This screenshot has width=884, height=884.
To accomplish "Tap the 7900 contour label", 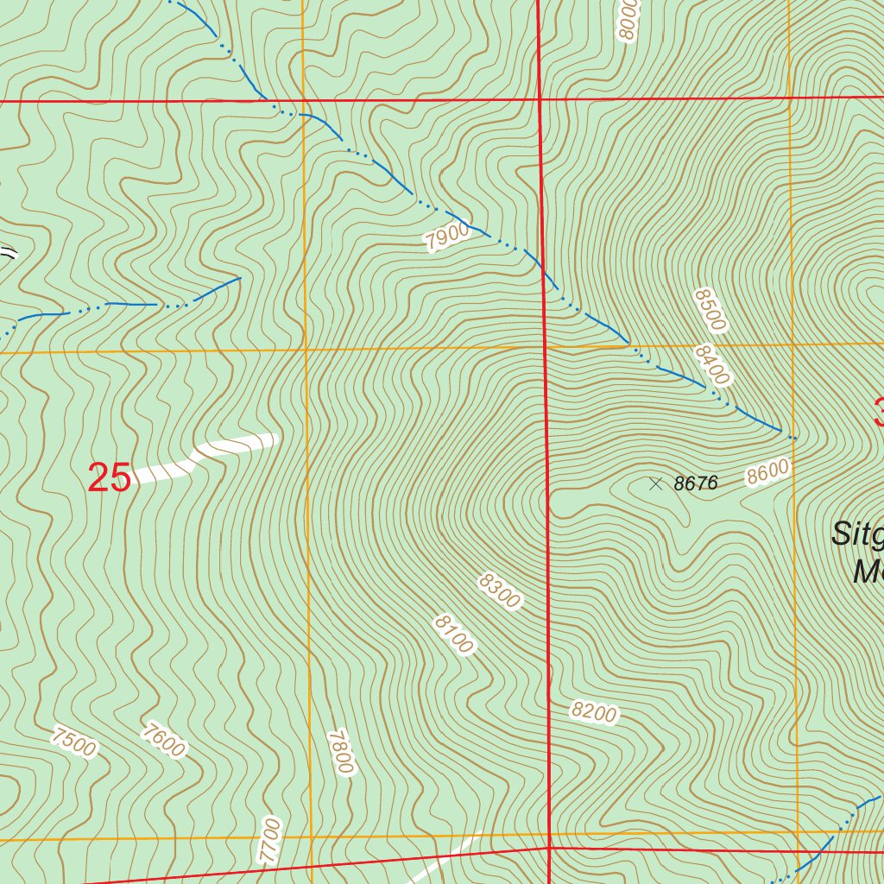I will click(x=447, y=236).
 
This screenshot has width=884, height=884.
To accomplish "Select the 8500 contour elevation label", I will click(x=710, y=310).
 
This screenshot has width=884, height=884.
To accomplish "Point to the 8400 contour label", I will click(x=711, y=364).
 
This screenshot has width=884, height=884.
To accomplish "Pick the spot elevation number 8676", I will click(x=695, y=483).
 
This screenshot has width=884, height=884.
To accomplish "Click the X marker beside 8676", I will click(x=655, y=483).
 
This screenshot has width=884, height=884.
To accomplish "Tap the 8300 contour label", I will click(x=499, y=591).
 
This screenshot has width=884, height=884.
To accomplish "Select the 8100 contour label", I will click(x=454, y=635).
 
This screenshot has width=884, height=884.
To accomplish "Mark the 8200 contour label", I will click(x=594, y=712).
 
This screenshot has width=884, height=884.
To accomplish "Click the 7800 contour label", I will click(x=342, y=752).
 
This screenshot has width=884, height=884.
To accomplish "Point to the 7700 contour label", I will click(x=270, y=839).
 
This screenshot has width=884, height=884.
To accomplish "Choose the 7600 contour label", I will click(x=163, y=741).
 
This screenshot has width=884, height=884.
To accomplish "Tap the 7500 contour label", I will click(x=74, y=741).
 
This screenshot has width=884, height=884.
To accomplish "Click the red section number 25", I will click(x=110, y=477).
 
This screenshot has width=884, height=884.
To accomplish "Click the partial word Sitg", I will click(x=856, y=534).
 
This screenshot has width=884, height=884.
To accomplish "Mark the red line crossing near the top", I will click(x=539, y=99).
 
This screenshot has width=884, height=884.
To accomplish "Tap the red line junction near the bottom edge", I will click(x=550, y=848).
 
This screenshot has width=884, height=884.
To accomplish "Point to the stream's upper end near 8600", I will click(x=792, y=437).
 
